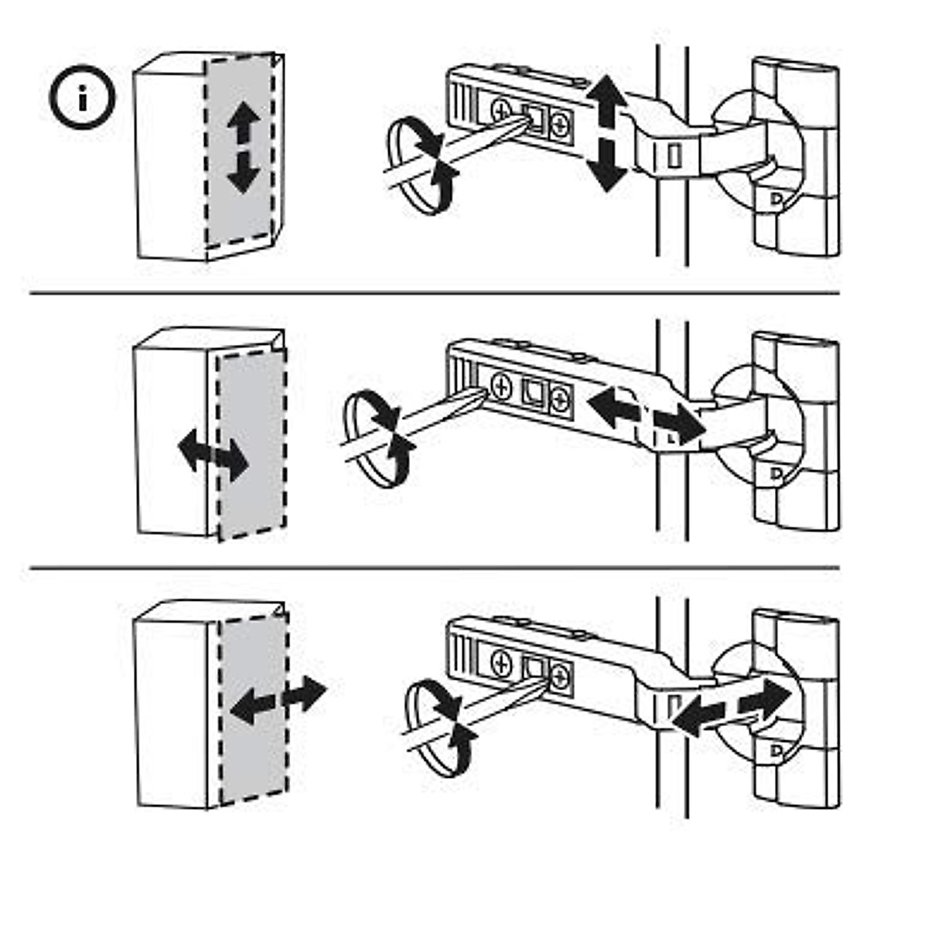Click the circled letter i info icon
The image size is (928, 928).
(x=82, y=98)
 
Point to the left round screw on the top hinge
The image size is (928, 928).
(x=500, y=111)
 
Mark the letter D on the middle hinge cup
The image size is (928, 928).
(x=774, y=473)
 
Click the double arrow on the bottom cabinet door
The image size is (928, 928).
(x=278, y=699)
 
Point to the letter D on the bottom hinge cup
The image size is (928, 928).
(x=774, y=750)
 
